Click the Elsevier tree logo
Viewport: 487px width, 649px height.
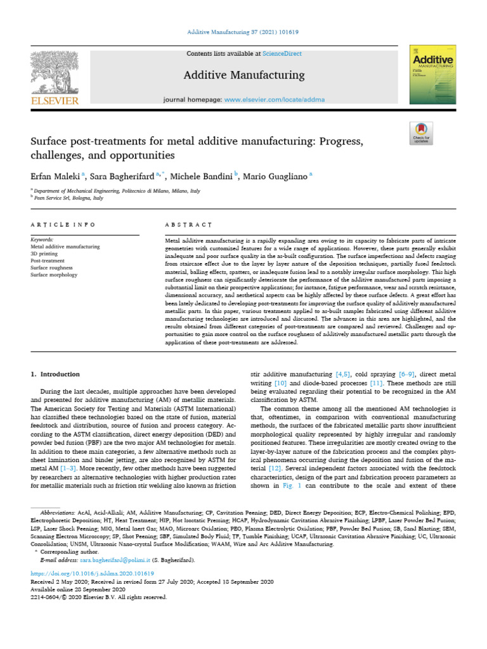click(x=56, y=74)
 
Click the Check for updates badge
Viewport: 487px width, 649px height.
click(x=421, y=134)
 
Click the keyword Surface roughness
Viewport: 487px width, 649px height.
click(x=52, y=268)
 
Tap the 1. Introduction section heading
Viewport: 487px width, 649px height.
click(x=56, y=375)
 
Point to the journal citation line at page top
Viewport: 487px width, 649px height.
click(x=243, y=32)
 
